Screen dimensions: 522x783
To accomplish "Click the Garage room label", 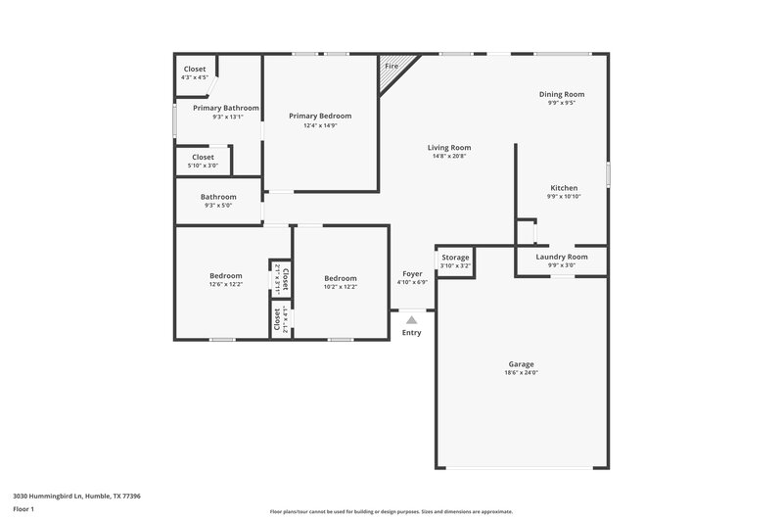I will click(521, 364).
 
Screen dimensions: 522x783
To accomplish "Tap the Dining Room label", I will click(562, 94).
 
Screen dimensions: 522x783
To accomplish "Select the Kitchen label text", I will click(563, 188).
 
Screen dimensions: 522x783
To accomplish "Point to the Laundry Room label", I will click(562, 257).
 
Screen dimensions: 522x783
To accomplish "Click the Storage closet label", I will click(455, 258).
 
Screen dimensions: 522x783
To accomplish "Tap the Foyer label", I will click(412, 274).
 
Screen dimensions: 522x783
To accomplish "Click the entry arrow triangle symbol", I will click(412, 318).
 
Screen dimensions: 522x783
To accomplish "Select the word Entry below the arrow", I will click(412, 333).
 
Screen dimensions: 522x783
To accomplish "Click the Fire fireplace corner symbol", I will click(392, 67).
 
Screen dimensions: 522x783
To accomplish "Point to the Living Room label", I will click(449, 148).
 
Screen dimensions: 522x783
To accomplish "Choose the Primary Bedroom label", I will click(320, 116).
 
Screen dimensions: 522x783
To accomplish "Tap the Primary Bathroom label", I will click(226, 108).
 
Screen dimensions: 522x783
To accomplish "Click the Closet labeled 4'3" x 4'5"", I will click(194, 70).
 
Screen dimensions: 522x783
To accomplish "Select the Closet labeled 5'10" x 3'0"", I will click(203, 157).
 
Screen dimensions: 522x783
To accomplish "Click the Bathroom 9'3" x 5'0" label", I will click(219, 197).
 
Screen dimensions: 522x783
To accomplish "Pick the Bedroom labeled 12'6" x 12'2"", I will click(226, 276).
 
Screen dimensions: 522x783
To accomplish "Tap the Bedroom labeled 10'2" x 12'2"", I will click(341, 278).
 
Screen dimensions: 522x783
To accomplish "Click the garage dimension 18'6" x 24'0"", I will click(521, 373).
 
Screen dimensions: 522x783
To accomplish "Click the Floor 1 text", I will click(23, 510).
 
